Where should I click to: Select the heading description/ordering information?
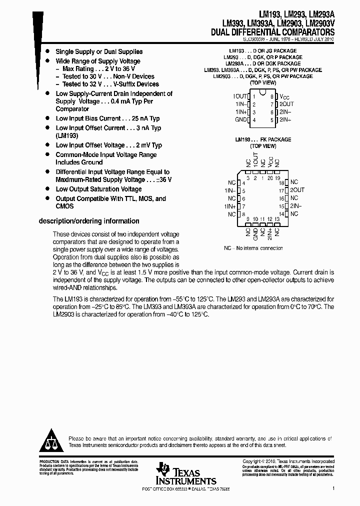click(x=89, y=221)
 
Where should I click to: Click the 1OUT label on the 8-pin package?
click(x=240, y=96)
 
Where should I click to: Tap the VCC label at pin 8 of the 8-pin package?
click(x=284, y=96)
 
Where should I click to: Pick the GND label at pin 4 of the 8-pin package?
click(x=241, y=120)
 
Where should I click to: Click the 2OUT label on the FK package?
click(x=297, y=190)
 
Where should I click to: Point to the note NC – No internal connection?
click(x=253, y=248)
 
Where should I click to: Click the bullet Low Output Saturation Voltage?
click(x=98, y=189)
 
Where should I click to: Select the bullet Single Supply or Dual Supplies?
click(x=99, y=51)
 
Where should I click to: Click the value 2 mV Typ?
click(x=147, y=145)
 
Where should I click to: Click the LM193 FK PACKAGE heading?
click(x=262, y=139)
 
